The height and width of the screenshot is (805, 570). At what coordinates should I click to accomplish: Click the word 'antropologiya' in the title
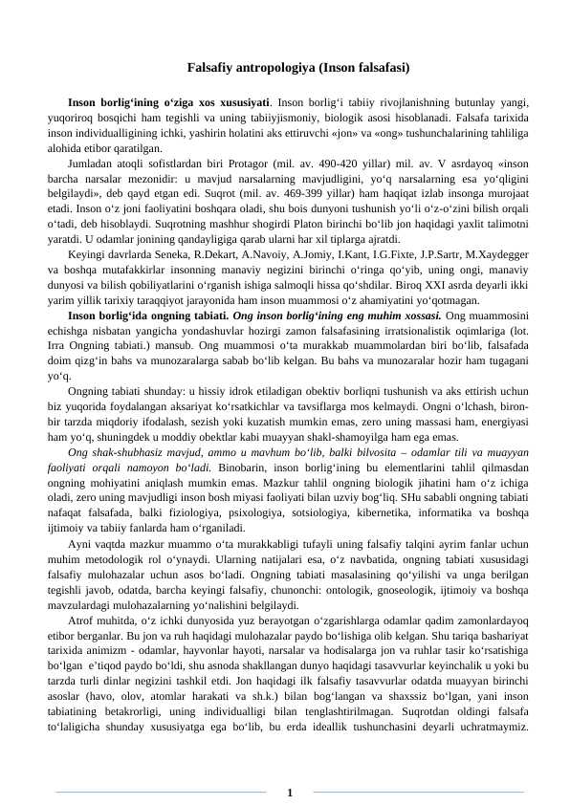click(x=265, y=69)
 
